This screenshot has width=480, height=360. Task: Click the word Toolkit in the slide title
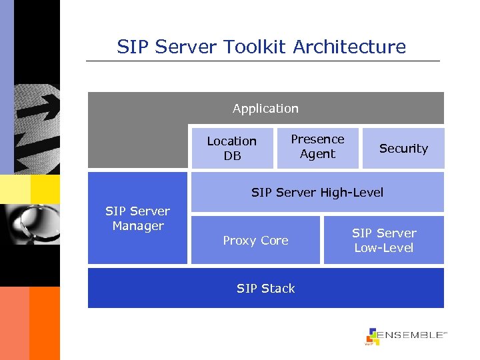(x=247, y=47)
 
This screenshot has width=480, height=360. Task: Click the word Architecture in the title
(x=349, y=47)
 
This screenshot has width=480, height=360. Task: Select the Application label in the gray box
(x=265, y=109)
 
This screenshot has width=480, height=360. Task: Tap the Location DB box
(x=232, y=148)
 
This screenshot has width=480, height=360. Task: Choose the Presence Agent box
(x=317, y=147)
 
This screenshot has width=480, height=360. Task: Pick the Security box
(x=403, y=149)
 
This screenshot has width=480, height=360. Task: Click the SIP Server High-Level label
(x=317, y=193)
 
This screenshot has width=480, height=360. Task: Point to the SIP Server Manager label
(x=138, y=219)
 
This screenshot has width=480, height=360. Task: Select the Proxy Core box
(x=255, y=241)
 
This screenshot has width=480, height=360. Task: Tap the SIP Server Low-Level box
(x=383, y=241)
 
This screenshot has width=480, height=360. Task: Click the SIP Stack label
(x=265, y=289)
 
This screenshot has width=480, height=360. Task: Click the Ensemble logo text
(x=412, y=335)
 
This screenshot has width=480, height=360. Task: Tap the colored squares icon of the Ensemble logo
(x=373, y=337)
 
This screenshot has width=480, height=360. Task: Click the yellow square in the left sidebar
(x=45, y=189)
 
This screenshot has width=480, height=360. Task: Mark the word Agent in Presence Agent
(x=317, y=154)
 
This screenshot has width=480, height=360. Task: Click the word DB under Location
(x=232, y=156)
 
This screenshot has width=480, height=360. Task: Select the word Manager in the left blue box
(x=138, y=226)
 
